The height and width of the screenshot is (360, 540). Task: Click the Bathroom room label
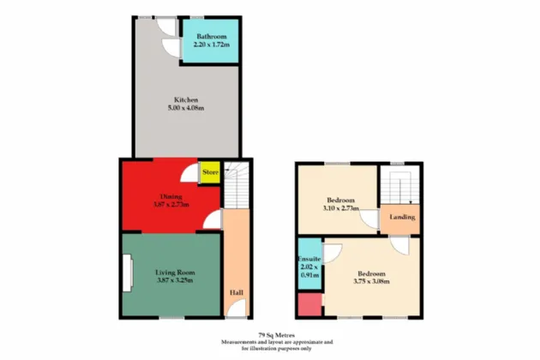click(209, 36)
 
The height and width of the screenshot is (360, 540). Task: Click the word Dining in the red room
click(170, 195)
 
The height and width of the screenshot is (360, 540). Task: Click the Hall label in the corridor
click(235, 293)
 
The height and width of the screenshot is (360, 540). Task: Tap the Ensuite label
click(309, 258)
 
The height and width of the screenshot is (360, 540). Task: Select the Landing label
click(402, 217)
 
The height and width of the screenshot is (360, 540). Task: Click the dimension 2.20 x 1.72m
click(209, 45)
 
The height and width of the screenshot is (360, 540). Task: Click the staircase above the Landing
click(399, 185)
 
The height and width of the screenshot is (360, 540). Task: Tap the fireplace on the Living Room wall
click(128, 274)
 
